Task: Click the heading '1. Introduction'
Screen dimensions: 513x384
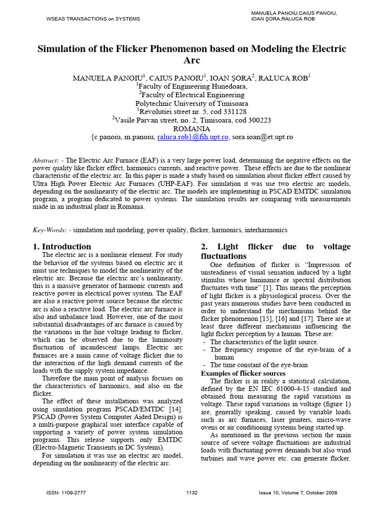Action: point(62,246)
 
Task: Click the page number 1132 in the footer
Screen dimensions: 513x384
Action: point(191,493)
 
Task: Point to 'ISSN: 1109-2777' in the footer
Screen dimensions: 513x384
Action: point(65,493)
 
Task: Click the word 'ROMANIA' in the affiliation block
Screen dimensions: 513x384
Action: point(192,128)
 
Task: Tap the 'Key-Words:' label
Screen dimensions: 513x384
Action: point(49,230)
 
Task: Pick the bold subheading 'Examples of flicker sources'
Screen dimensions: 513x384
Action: point(243,373)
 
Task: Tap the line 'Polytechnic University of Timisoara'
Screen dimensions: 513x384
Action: point(192,103)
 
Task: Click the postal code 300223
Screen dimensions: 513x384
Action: point(255,120)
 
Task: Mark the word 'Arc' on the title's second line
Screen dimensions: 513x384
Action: point(192,61)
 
